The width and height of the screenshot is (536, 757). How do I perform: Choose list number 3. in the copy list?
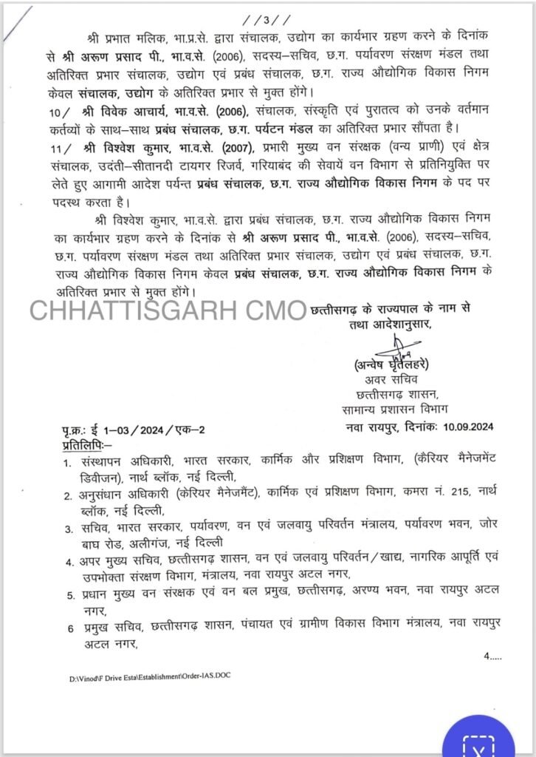click(x=67, y=528)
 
